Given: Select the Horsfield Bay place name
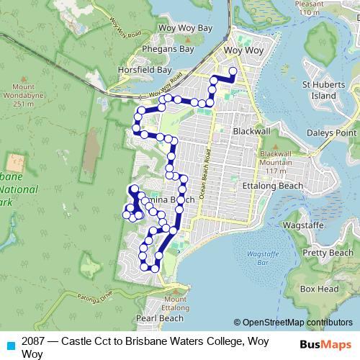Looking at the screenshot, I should (x=145, y=71).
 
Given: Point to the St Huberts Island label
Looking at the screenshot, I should (x=319, y=90).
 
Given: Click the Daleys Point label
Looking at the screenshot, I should (x=331, y=133).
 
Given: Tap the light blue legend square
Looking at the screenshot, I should (x=10, y=345).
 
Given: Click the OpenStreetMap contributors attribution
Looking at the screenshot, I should (x=292, y=323).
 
